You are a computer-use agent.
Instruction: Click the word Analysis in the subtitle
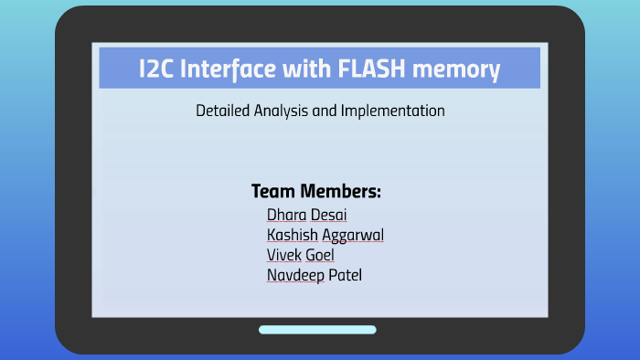(283, 111)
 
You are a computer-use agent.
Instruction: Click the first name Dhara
(286, 215)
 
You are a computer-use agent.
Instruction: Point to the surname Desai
(329, 215)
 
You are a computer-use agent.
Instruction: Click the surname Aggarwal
(353, 236)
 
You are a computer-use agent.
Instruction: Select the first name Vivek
(284, 255)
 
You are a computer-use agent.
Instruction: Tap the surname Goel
(321, 255)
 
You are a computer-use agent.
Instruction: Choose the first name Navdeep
(295, 275)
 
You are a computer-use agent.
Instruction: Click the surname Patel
(346, 274)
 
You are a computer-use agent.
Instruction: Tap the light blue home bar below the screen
(319, 330)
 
